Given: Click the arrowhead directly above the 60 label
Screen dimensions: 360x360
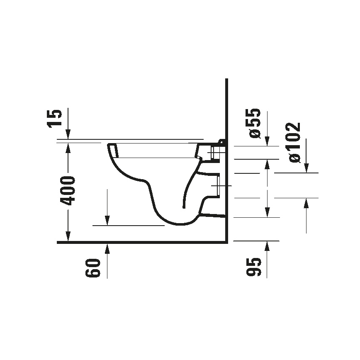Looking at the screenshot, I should [x=107, y=248].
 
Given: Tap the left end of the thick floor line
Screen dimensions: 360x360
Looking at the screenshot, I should [x=58, y=242].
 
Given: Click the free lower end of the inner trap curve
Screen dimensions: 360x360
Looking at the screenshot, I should [x=183, y=206].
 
